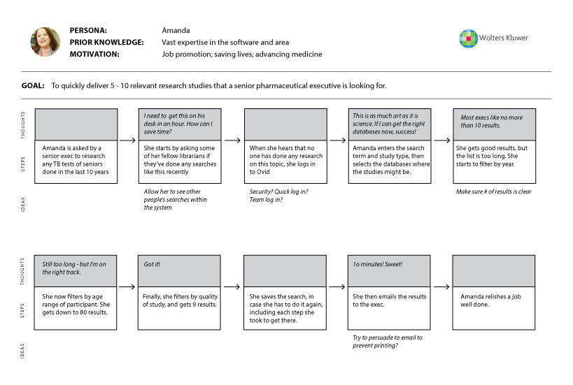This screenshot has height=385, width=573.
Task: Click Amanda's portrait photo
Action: pos(44,42)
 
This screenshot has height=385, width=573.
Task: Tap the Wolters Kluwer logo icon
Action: pos(467,38)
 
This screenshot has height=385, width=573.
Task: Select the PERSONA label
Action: pos(88,31)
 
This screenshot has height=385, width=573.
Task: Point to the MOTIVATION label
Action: pos(94,54)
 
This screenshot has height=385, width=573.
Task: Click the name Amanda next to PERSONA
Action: pos(176,31)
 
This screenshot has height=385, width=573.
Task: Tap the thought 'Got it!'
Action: pos(153,265)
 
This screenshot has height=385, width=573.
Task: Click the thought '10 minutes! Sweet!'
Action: pos(378,265)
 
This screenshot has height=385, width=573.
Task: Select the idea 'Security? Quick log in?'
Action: pos(278,191)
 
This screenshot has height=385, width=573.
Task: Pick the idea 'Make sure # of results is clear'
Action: pos(493,191)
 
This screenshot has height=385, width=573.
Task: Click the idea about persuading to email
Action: pos(387,342)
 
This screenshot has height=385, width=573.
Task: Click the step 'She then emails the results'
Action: pos(389,300)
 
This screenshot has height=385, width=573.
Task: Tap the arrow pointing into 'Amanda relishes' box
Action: pos(441,287)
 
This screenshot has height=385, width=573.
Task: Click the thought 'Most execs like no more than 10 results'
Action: pos(493,122)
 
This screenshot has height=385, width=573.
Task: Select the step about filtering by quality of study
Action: pos(181,300)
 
